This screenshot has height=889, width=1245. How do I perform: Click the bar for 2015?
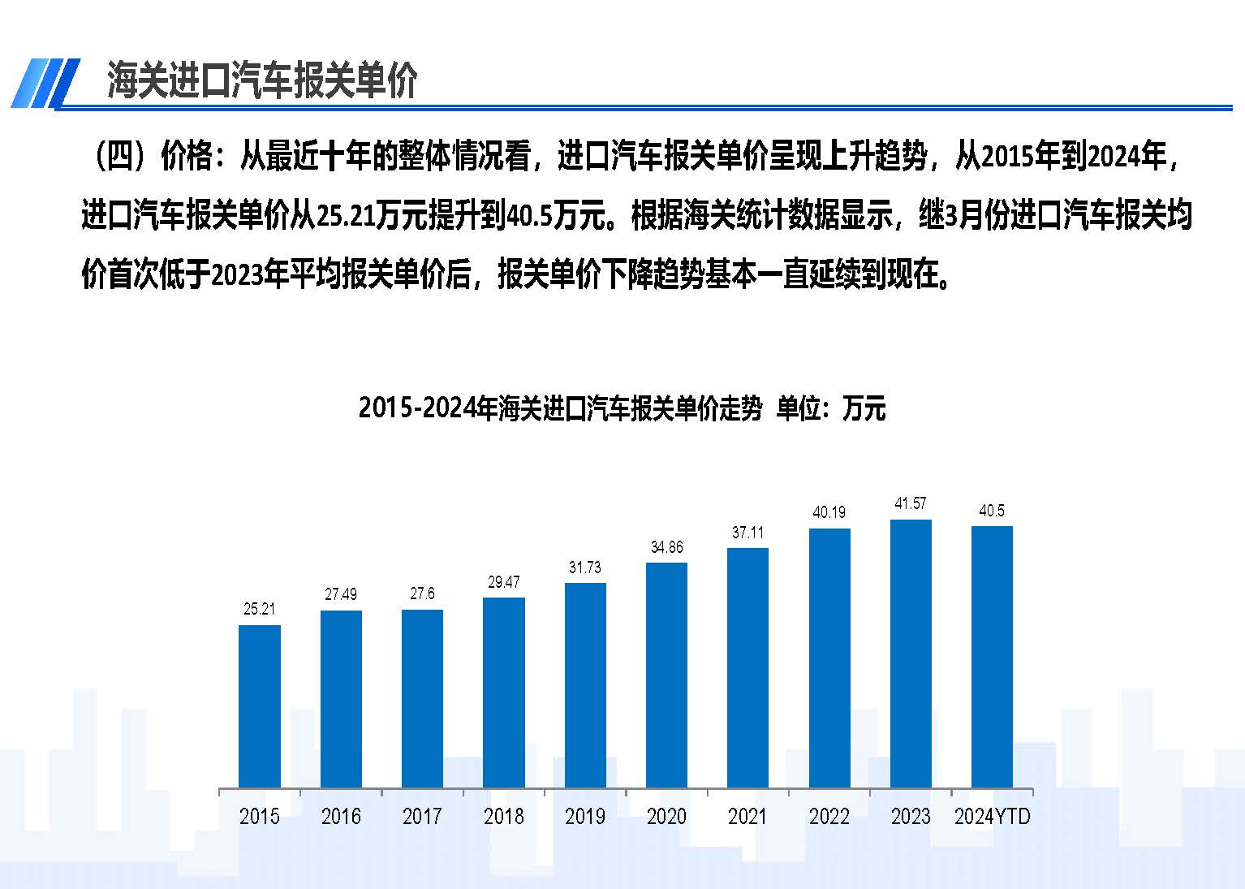coord(260,706)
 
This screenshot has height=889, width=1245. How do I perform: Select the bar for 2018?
coord(504,693)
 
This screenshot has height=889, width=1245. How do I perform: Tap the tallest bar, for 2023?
coord(911,654)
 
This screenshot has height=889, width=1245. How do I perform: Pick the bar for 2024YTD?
coord(992,657)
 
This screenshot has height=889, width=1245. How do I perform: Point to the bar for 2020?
coord(666,675)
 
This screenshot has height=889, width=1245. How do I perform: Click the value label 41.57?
coord(911,504)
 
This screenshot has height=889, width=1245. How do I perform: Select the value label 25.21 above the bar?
coord(260,609)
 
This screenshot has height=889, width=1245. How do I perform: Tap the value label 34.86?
coord(666,547)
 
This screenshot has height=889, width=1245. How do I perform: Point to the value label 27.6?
coord(422,593)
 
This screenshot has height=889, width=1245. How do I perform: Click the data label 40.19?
coord(829,512)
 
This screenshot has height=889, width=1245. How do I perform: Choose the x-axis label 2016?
coord(341,816)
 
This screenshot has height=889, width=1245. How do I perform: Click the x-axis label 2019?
coord(585,816)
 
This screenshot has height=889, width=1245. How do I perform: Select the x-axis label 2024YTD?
coord(992,816)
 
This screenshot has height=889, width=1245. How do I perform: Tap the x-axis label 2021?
coord(747,816)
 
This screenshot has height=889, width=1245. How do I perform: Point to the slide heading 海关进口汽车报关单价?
coord(262,80)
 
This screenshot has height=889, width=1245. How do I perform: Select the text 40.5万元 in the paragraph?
coord(557,216)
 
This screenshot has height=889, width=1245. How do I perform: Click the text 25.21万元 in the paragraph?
coord(371,216)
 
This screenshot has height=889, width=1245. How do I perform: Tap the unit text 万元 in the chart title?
coord(864,408)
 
